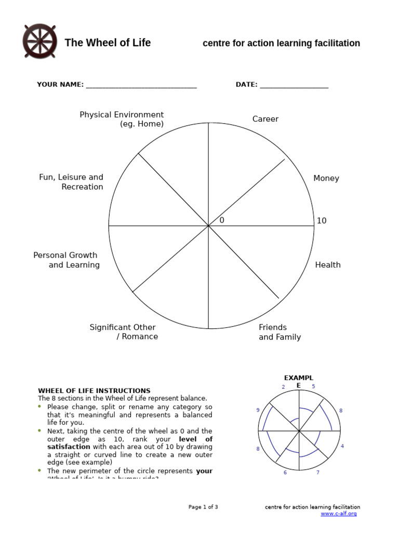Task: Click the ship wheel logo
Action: point(40,42)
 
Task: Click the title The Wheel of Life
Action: point(108,43)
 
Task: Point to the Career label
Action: point(265,119)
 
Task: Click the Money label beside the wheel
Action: point(326,179)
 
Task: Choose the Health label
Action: point(328,265)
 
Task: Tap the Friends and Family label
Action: point(280,332)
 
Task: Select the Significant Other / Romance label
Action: point(124,332)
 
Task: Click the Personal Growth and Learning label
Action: point(66,260)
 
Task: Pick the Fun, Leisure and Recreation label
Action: point(71,182)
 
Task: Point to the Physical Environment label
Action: point(122,119)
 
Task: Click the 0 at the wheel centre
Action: point(222,221)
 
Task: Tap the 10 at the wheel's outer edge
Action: point(322,221)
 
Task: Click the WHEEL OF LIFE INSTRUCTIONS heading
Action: point(94,391)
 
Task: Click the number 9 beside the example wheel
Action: point(258,410)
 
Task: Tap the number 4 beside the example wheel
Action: point(342,447)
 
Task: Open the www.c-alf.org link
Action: point(339,514)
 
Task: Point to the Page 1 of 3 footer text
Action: point(203,507)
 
